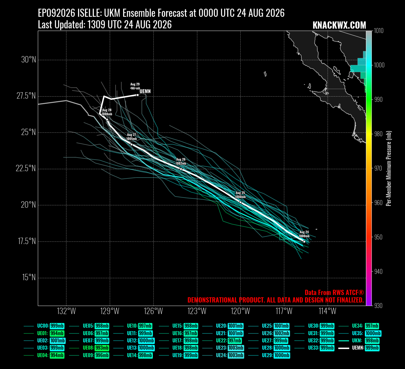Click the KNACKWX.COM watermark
tap(339, 25)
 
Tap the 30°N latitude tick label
tap(29, 60)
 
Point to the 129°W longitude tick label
tap(110, 311)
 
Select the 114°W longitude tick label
tap(328, 311)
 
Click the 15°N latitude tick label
tap(29, 277)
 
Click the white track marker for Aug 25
tap(240, 202)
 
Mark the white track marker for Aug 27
tap(132, 144)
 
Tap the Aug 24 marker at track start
tap(304, 242)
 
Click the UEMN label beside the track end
tap(145, 91)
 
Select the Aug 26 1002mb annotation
tap(181, 161)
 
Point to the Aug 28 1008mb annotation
tap(107, 112)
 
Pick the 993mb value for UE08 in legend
tap(102, 348)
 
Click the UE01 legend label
tap(42, 333)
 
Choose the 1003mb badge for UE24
tap(236, 355)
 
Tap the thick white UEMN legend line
tap(344, 348)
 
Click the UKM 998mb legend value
tap(372, 340)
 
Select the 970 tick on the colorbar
tap(378, 168)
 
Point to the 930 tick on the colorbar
tap(378, 306)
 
